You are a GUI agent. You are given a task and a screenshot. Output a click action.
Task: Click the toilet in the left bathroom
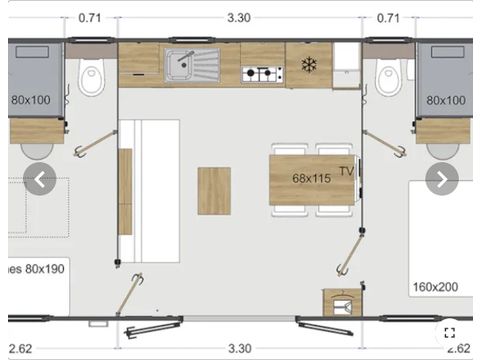pyautogui.click(x=93, y=73)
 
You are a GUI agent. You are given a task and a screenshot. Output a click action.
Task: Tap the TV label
pyautogui.click(x=346, y=171)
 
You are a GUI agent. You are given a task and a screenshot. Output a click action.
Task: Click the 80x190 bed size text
pyautogui.click(x=38, y=269)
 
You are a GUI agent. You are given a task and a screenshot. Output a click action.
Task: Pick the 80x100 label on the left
pyautogui.click(x=31, y=101)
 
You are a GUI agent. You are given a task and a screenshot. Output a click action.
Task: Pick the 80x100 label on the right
pyautogui.click(x=446, y=101)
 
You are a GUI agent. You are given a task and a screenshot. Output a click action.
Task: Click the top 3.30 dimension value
pyautogui.click(x=239, y=17)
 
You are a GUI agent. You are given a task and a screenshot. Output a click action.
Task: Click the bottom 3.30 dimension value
pyautogui.click(x=239, y=348)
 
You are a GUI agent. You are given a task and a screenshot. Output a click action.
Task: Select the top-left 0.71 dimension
pyautogui.click(x=90, y=17)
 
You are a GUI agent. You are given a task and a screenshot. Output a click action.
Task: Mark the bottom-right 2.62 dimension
pyautogui.click(x=459, y=348)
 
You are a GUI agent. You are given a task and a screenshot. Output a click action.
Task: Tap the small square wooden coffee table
pyautogui.click(x=214, y=190)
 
